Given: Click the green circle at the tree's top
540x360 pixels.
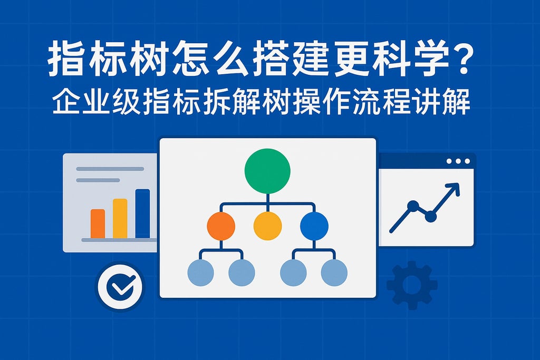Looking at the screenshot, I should [267, 171].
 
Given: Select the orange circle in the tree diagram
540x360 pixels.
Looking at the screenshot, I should [221, 226].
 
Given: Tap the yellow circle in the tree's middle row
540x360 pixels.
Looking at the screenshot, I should [267, 226].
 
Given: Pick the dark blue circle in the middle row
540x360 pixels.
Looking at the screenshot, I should [314, 226].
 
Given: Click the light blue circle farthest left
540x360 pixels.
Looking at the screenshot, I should [201, 273].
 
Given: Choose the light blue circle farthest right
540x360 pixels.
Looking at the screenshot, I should [334, 273].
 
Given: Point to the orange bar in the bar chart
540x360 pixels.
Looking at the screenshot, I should [98, 223].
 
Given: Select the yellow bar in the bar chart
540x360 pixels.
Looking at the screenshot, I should [120, 218].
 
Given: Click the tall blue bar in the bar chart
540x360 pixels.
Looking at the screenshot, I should [142, 213].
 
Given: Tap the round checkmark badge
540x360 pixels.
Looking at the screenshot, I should [120, 286].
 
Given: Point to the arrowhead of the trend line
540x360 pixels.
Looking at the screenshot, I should [454, 188].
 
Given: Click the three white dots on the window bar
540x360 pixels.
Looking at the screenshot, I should [457, 161].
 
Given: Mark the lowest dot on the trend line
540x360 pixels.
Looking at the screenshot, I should [431, 216].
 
